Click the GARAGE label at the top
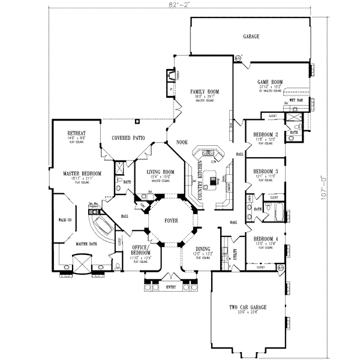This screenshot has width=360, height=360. (x=251, y=37)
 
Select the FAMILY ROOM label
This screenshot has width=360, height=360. (x=205, y=91)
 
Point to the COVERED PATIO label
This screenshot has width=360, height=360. (x=128, y=137)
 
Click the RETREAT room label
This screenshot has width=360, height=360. (x=75, y=132)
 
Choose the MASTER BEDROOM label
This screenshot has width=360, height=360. (x=82, y=173)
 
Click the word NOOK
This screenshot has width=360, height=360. (x=181, y=142)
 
